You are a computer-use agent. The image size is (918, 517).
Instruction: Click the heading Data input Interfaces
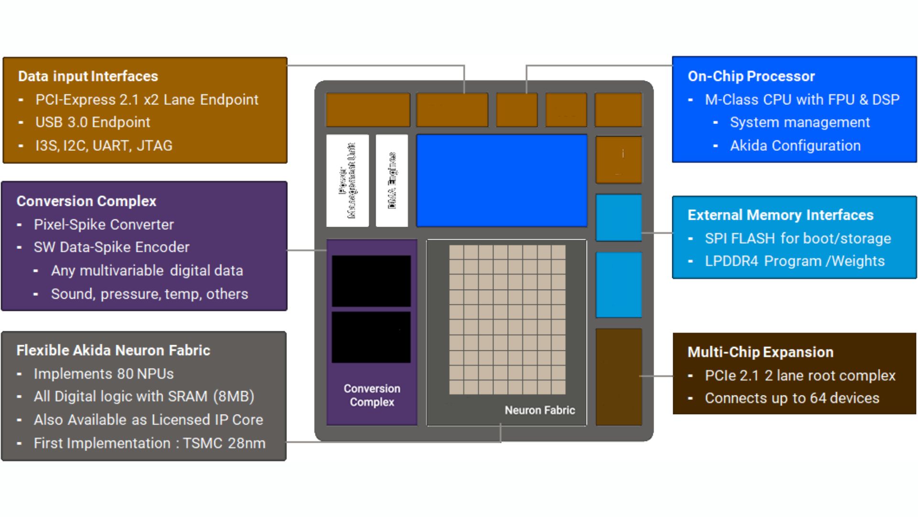pyautogui.click(x=88, y=76)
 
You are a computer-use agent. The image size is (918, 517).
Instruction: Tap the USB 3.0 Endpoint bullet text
pyautogui.click(x=93, y=122)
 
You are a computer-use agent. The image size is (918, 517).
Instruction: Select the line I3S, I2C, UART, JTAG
pyautogui.click(x=104, y=146)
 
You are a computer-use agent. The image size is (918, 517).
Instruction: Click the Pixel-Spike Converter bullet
pyautogui.click(x=104, y=225)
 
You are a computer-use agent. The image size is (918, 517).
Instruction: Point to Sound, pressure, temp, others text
pyautogui.click(x=150, y=294)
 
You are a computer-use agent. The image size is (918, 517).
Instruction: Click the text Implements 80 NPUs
pyautogui.click(x=104, y=374)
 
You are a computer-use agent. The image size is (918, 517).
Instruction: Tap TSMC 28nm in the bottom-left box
pyautogui.click(x=224, y=443)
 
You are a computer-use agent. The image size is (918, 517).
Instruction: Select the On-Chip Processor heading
pyautogui.click(x=751, y=76)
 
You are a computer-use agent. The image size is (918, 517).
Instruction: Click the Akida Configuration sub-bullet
pyautogui.click(x=795, y=146)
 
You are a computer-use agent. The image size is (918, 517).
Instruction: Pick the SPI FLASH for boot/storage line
pyautogui.click(x=798, y=238)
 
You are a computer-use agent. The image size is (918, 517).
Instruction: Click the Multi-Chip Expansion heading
pyautogui.click(x=760, y=352)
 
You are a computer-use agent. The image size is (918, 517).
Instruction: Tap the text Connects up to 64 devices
pyautogui.click(x=792, y=398)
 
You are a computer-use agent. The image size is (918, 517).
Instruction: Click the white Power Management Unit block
pyautogui.click(x=348, y=180)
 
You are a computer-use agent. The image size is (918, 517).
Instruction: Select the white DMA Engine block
pyautogui.click(x=392, y=180)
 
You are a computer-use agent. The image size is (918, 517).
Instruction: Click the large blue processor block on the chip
pyautogui.click(x=502, y=180)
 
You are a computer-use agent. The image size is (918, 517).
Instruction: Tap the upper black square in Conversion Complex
pyautogui.click(x=372, y=281)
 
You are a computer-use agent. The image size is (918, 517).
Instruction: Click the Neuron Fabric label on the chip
pyautogui.click(x=540, y=410)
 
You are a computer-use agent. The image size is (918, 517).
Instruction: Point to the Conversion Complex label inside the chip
pyautogui.click(x=372, y=395)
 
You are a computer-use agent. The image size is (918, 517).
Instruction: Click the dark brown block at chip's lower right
pyautogui.click(x=619, y=377)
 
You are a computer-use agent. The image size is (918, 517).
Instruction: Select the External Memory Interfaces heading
pyautogui.click(x=780, y=215)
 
